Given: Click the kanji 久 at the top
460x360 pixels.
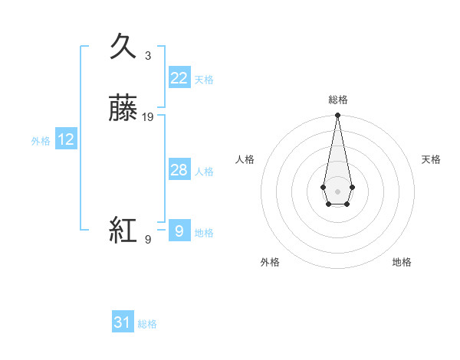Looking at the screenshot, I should coord(124,46).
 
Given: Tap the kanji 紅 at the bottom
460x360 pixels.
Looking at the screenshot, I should coord(124,230).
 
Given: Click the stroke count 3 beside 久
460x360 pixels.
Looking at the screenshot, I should coord(148,56).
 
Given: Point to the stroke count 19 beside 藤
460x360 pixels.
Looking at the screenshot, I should coord(148,117).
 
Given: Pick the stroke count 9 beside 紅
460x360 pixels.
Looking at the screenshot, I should coord(148,240).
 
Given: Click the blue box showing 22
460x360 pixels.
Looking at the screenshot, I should coord(179,78).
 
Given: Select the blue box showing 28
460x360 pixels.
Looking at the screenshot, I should coord(179,170).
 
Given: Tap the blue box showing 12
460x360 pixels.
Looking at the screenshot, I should coord(66,139).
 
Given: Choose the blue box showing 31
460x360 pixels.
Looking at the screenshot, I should coord(123,322).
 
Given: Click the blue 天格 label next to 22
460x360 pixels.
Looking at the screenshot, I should coord(204,80).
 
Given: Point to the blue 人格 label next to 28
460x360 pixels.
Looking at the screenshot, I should coord(204,172).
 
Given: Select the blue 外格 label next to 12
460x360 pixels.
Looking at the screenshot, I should coord(41,141).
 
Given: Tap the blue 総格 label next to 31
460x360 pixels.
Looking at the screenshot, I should coord(147,324).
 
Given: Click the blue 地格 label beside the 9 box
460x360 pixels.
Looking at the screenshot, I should coord(204,233).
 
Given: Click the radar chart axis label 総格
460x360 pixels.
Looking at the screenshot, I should coord(338,100).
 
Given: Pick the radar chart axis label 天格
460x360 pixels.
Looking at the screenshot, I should coord(432,159).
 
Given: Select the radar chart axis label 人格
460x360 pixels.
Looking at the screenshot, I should coord(245,159).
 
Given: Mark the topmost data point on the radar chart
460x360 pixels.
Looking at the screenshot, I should coord(337,116).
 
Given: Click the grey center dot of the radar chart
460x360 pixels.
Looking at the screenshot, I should coord(337,190).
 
